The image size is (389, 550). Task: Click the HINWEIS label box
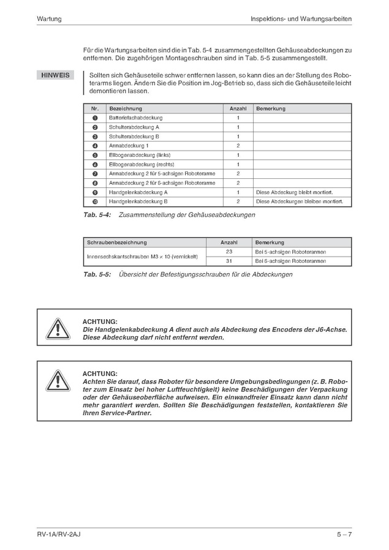click(55, 75)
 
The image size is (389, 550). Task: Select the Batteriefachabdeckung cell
click(135, 118)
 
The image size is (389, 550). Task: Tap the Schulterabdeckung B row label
click(134, 137)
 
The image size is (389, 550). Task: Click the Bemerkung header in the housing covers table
click(271, 108)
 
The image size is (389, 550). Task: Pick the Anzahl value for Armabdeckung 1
click(238, 146)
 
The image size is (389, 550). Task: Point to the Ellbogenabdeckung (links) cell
click(139, 155)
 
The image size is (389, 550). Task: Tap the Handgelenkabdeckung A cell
click(138, 192)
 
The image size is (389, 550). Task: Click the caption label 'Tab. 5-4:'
click(96, 215)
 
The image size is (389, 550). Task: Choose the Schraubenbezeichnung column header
click(117, 243)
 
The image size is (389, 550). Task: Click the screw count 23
click(229, 252)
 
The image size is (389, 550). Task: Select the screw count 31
click(229, 261)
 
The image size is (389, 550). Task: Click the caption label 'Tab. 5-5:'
click(96, 274)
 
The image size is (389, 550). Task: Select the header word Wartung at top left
click(49, 19)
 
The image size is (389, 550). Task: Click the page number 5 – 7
click(343, 535)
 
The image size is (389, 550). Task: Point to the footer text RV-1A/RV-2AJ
click(59, 535)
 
